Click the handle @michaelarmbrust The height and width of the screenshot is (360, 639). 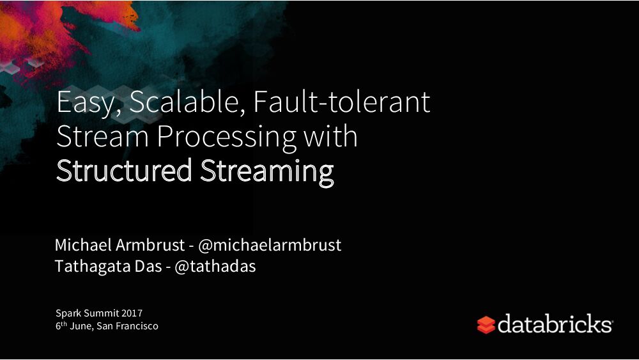270,245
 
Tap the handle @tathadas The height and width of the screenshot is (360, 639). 215,267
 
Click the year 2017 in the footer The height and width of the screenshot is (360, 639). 132,313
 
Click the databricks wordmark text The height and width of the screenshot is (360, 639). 555,324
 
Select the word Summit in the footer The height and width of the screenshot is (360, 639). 102,313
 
